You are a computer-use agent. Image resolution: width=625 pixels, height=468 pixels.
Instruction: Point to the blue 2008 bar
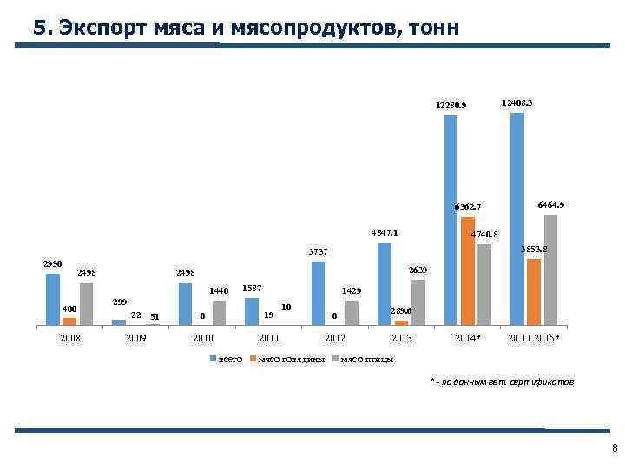pyautogui.click(x=52, y=300)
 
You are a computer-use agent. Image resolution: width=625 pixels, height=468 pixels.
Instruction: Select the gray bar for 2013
pyautogui.click(x=418, y=302)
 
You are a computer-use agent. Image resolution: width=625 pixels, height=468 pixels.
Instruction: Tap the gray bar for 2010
pyautogui.click(x=219, y=313)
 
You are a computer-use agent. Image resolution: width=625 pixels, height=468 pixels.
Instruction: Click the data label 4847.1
pyautogui.click(x=385, y=233)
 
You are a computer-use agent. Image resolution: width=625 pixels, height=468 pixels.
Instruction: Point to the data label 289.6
pyautogui.click(x=400, y=310)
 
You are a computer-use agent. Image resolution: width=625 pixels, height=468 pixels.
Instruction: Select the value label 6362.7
pyautogui.click(x=464, y=206)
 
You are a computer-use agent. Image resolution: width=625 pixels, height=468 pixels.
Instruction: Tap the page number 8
pyautogui.click(x=615, y=448)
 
